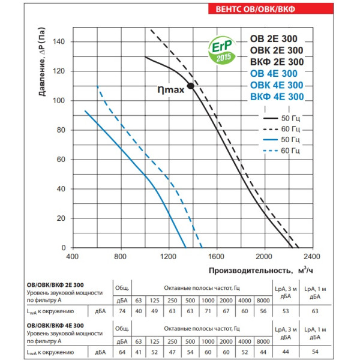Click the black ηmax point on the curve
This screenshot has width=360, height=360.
click(191, 86)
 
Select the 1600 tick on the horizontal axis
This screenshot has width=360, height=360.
click(217, 257)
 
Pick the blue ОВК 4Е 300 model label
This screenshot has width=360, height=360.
click(275, 85)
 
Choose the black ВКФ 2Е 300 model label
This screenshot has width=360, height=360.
click(275, 62)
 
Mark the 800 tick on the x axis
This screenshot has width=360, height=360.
click(121, 257)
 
